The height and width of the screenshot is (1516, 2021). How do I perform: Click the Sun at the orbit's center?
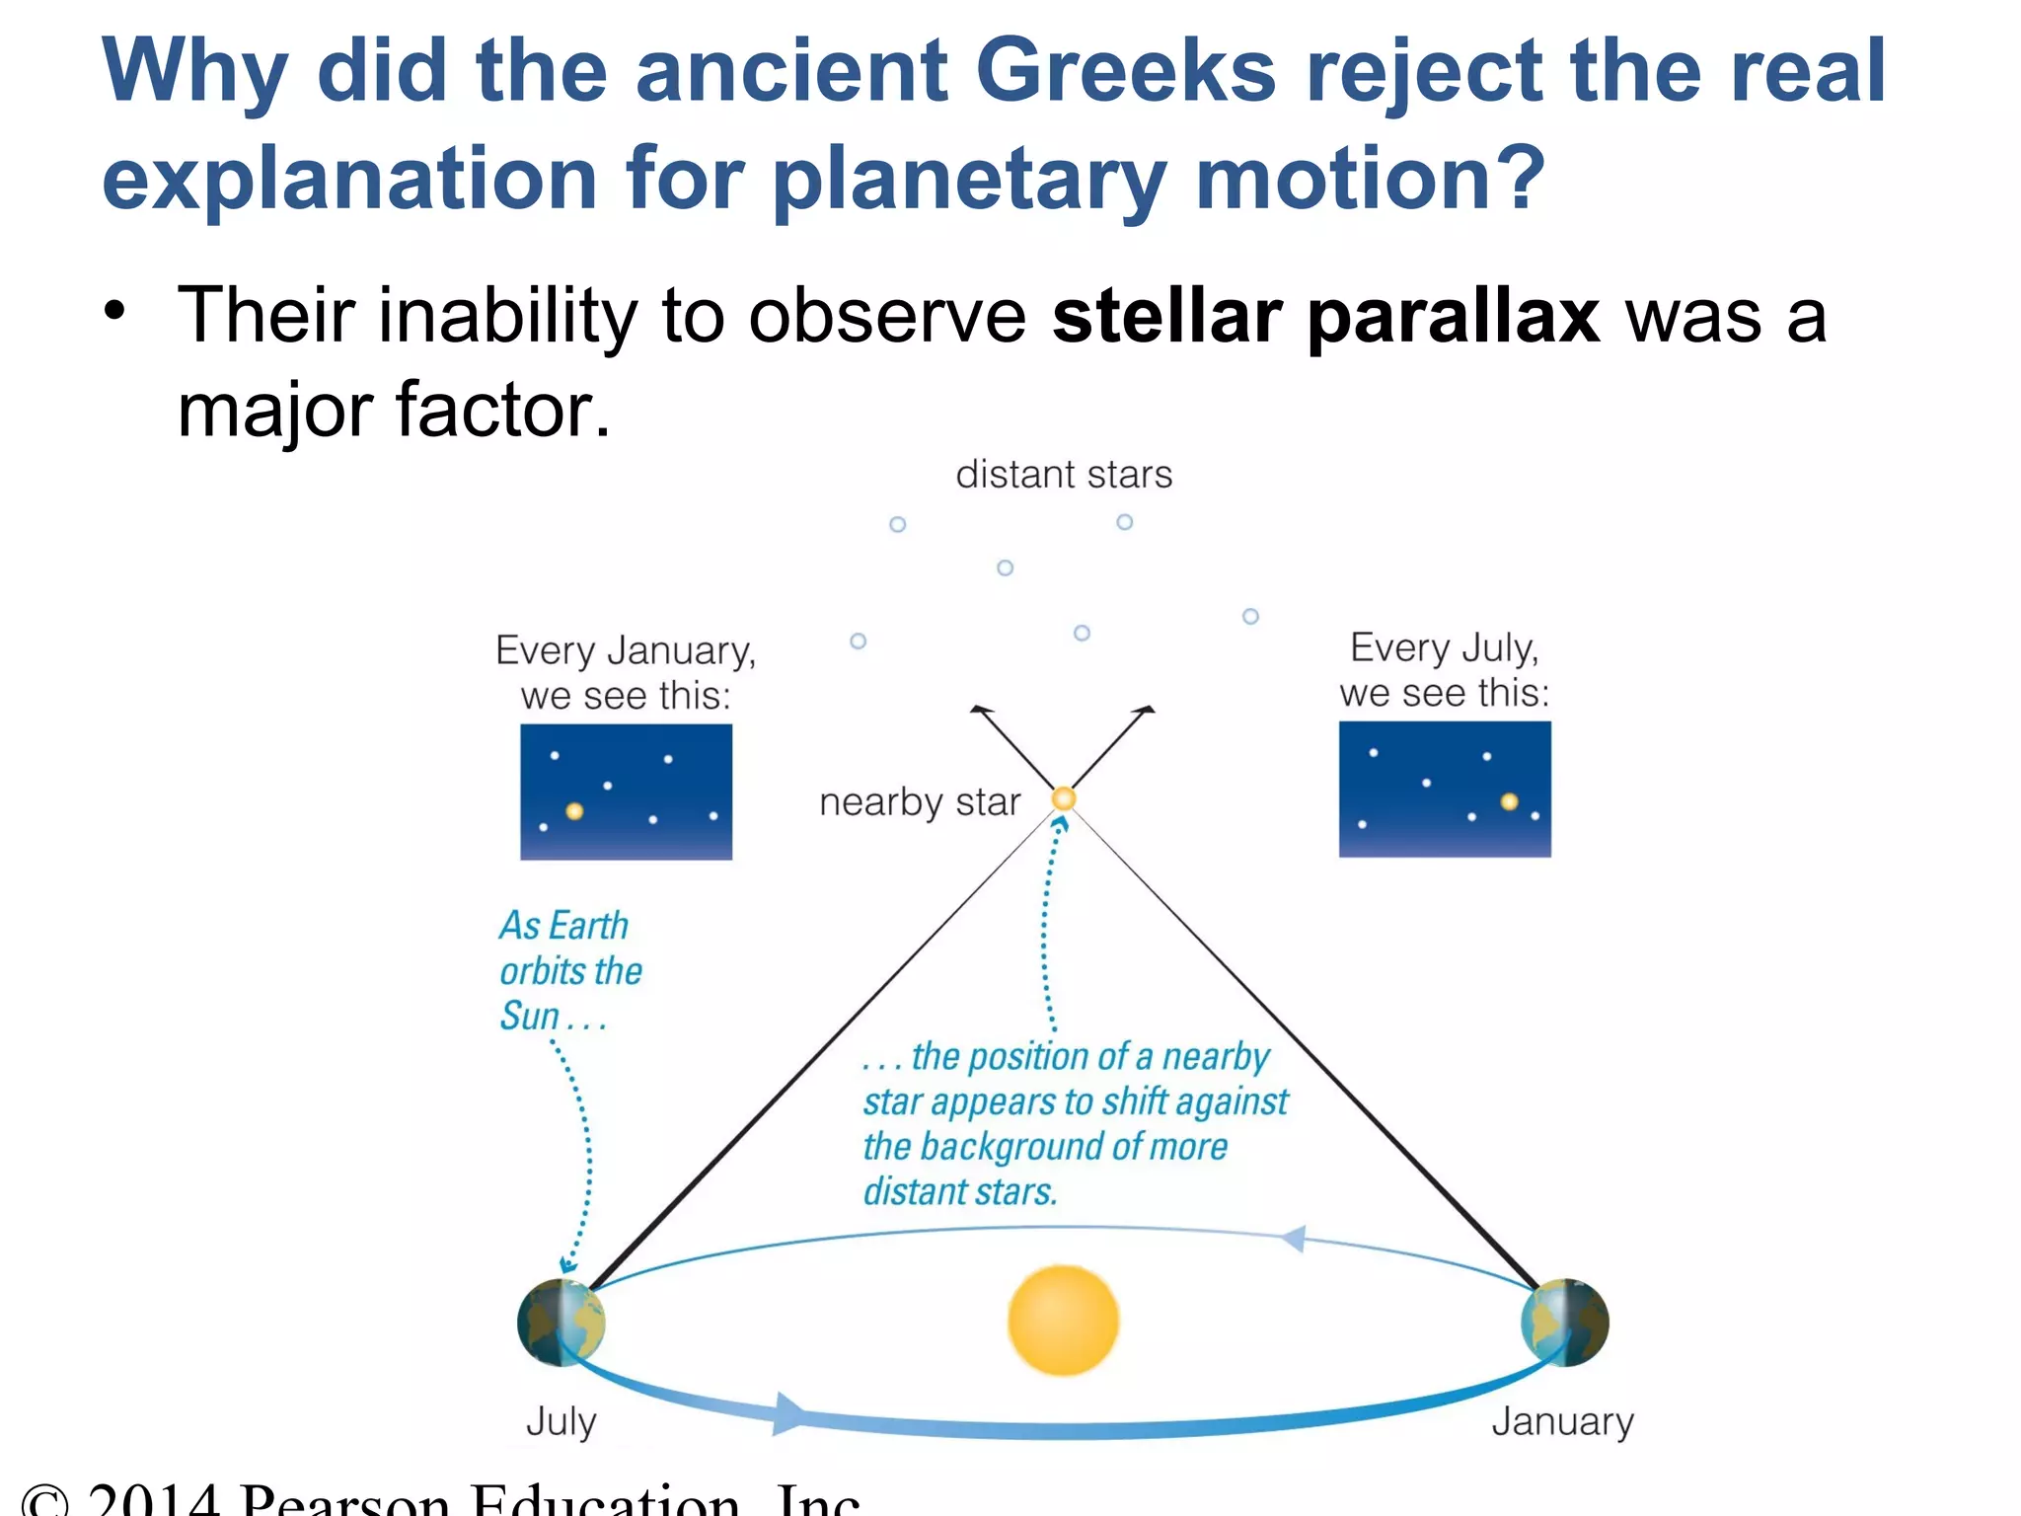tap(1063, 1321)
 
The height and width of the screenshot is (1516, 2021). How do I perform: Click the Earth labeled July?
tap(561, 1323)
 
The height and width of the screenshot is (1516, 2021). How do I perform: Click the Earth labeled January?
tap(1565, 1323)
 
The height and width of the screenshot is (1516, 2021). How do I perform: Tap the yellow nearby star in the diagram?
tap(1063, 798)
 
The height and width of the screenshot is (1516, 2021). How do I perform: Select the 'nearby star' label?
tap(919, 802)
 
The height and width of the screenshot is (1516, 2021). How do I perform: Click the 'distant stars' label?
tap(1063, 475)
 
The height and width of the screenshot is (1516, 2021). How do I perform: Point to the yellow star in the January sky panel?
tap(574, 811)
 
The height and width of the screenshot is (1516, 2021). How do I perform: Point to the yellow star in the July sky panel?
tap(1509, 801)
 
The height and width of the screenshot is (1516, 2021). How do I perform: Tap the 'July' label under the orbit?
tap(561, 1421)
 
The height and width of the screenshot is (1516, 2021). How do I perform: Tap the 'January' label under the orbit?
tap(1562, 1421)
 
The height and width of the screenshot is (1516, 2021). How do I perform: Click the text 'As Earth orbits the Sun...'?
tap(569, 970)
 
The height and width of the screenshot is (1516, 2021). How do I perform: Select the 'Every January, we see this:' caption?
tap(626, 673)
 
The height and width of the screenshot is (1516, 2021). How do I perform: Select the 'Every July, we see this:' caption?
tap(1444, 670)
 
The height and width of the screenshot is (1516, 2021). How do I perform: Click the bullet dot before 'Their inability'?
tap(115, 310)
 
